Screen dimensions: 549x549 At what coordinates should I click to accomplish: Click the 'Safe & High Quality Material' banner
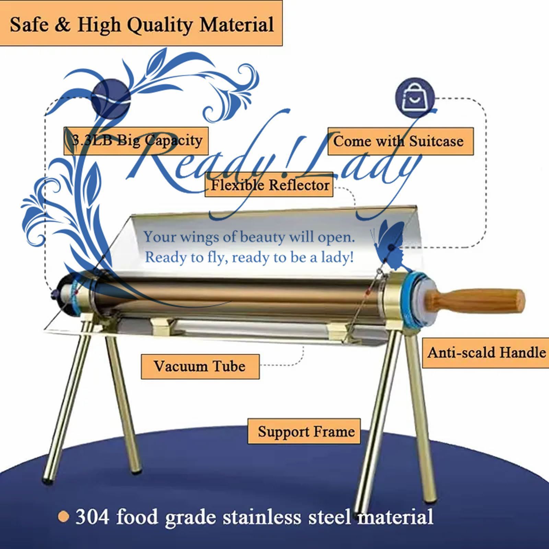(141, 23)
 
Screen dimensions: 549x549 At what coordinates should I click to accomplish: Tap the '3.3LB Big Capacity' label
(136, 141)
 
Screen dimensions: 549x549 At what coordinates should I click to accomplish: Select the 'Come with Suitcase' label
(400, 141)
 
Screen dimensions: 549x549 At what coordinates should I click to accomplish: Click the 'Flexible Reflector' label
(269, 186)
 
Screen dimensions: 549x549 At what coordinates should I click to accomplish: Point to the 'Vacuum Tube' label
(200, 366)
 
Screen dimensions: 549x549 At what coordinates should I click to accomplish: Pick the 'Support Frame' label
(304, 431)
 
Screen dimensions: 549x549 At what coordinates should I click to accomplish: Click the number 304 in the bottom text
(92, 517)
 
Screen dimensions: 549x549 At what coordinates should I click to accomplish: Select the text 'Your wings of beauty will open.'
(249, 237)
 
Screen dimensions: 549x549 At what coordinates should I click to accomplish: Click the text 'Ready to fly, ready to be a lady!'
(249, 257)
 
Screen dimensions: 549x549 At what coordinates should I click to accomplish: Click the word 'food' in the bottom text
(137, 517)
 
